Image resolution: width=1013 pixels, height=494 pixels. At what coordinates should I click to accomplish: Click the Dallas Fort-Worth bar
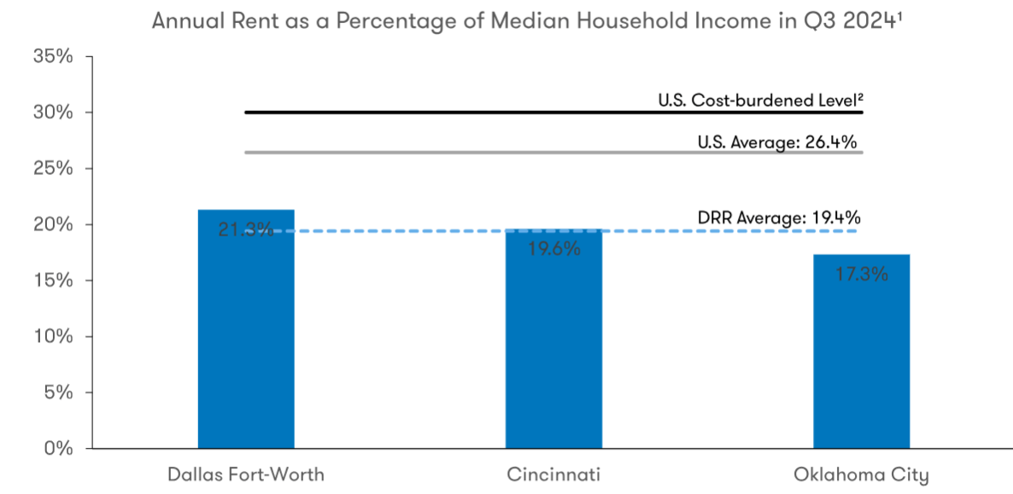coord(246,341)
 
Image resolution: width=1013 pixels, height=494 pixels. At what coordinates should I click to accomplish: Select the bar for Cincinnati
coord(553,350)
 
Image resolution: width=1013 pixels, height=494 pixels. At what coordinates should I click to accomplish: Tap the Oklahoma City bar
coord(861,358)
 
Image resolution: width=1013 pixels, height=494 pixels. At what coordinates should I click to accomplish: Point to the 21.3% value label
coord(246,229)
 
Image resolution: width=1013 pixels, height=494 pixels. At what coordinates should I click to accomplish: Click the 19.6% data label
coord(554,249)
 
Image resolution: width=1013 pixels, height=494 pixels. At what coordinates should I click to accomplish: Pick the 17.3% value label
coord(862,275)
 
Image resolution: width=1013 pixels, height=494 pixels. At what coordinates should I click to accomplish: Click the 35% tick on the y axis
coord(53,56)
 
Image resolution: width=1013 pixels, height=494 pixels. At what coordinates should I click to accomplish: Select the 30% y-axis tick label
coord(53,113)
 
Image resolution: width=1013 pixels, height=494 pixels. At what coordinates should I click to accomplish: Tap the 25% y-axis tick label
coord(53,168)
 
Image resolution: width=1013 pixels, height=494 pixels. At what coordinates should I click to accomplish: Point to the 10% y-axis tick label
coord(53,336)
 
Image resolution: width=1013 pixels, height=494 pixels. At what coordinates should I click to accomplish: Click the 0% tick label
coord(58,448)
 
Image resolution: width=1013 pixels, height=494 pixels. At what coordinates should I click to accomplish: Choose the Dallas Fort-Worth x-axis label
coord(246,474)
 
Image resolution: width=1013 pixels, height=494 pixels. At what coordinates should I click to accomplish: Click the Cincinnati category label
coord(553,474)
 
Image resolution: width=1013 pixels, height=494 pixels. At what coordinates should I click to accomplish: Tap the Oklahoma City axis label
coord(861,474)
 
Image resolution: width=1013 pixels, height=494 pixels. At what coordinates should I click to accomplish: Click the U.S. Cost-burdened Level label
coord(758,100)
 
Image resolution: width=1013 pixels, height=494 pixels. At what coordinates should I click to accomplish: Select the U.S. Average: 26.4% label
coord(777,142)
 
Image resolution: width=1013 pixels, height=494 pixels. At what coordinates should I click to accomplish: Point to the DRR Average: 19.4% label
coord(777,218)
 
